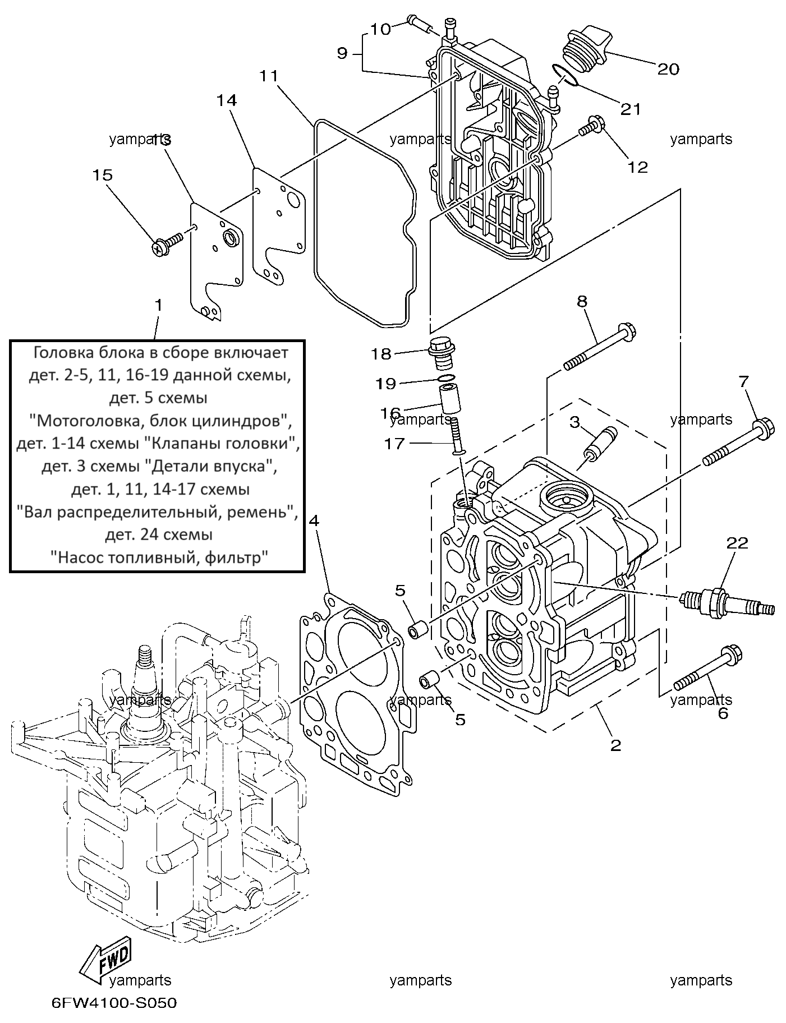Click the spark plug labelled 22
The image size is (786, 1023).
click(x=726, y=603)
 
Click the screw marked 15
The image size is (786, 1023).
click(x=168, y=244)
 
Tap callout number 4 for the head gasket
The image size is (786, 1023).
click(x=314, y=520)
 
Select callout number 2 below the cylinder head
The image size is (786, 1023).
click(x=615, y=745)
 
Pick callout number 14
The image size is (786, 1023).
click(x=227, y=100)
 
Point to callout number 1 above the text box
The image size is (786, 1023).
click(x=159, y=305)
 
